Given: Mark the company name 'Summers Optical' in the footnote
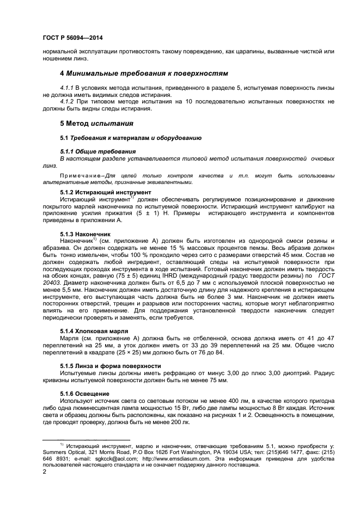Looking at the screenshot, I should (62, 452).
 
